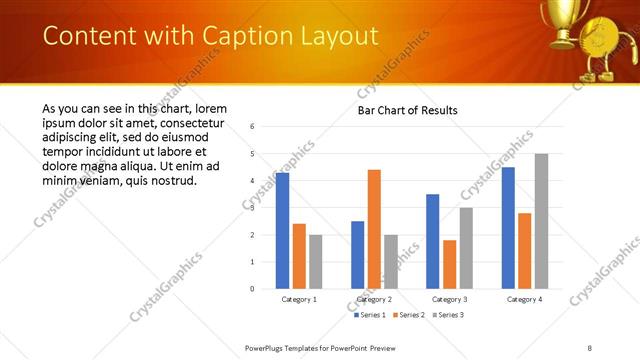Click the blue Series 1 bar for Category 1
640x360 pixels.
point(282,231)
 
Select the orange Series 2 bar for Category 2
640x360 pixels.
point(374,229)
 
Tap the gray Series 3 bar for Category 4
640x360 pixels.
point(541,221)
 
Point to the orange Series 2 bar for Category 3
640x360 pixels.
point(449,264)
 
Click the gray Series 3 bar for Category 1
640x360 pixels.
point(316,261)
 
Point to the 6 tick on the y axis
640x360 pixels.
point(252,127)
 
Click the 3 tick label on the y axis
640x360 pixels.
point(252,208)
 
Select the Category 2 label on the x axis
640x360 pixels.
point(374,299)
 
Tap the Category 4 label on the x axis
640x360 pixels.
point(524,299)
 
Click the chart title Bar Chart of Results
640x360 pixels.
point(408,110)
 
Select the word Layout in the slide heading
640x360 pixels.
point(339,37)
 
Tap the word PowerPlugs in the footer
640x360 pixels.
point(268,347)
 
